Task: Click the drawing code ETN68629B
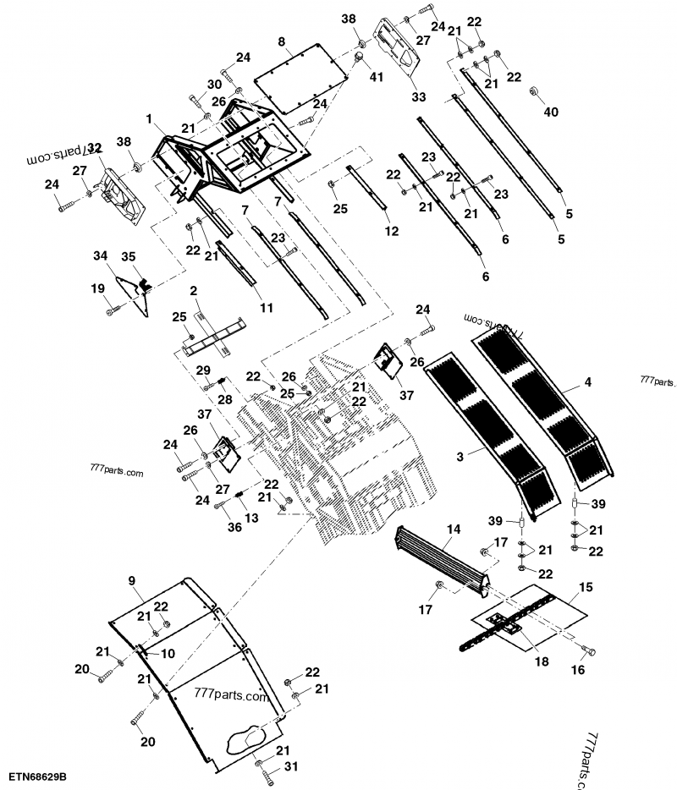click(39, 776)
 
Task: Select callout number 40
click(551, 112)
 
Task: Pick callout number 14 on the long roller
click(454, 529)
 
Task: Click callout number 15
click(585, 586)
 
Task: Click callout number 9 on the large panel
click(132, 580)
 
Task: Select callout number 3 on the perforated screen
click(460, 456)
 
